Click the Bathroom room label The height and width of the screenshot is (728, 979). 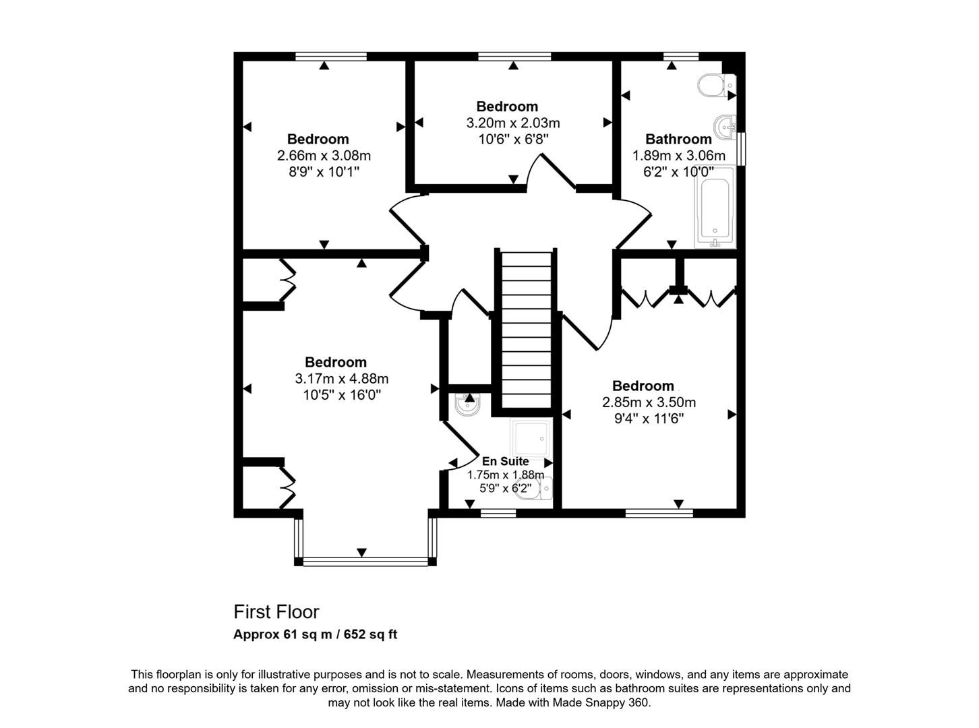(678, 139)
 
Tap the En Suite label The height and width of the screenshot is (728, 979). (505, 461)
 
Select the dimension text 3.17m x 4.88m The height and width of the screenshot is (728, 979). (342, 378)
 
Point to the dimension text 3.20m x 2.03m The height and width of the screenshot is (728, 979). (513, 123)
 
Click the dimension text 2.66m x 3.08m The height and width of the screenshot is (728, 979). (324, 156)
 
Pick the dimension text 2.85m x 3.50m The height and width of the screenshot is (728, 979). (649, 402)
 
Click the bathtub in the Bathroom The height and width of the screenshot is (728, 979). (715, 207)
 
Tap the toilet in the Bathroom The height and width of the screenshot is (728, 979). (716, 85)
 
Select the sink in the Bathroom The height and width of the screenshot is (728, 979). (725, 127)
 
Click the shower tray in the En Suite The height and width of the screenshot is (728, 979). (531, 438)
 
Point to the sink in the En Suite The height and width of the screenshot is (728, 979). (467, 404)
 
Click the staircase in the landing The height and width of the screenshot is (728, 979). (526, 330)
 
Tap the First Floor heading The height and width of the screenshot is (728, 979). (276, 612)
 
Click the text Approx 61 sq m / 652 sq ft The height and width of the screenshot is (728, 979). (315, 634)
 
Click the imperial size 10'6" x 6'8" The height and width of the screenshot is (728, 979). (513, 139)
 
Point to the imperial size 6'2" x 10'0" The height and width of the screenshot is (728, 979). (678, 171)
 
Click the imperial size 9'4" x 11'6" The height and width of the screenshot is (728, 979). (649, 418)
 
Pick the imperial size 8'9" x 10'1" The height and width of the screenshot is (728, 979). (324, 171)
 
